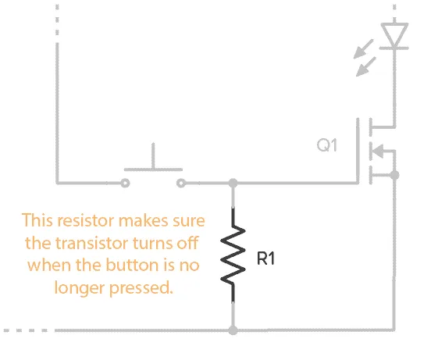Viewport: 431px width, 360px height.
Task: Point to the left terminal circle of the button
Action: (x=124, y=184)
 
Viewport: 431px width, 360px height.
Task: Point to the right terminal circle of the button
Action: (x=181, y=184)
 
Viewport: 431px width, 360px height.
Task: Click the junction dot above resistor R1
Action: (x=233, y=184)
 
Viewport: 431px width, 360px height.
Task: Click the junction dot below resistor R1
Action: (x=233, y=330)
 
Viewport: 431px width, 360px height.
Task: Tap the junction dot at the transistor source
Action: (x=394, y=176)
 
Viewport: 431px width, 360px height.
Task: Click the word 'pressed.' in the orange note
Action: (x=141, y=287)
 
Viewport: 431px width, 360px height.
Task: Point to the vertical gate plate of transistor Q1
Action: (x=361, y=151)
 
